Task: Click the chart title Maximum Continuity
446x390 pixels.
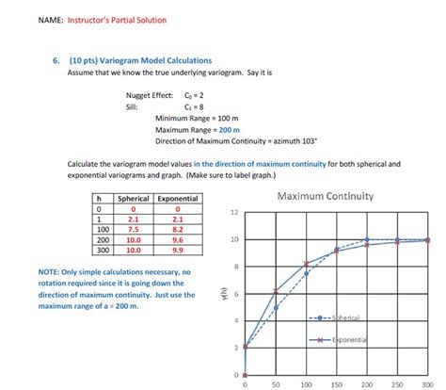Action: tap(326, 197)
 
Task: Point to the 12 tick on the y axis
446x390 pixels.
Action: tap(234, 212)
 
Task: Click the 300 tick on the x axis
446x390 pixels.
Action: tap(429, 383)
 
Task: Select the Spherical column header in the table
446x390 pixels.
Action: tap(132, 199)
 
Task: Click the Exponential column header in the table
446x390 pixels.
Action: tap(178, 199)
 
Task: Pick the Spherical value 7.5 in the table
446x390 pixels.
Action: tap(133, 229)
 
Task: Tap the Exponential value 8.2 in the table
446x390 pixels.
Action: tap(178, 229)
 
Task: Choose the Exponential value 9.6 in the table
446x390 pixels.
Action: tap(178, 239)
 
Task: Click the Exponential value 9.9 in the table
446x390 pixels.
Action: tap(178, 250)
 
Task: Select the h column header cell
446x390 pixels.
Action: tap(98, 199)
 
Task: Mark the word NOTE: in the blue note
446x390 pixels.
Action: tap(50, 272)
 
